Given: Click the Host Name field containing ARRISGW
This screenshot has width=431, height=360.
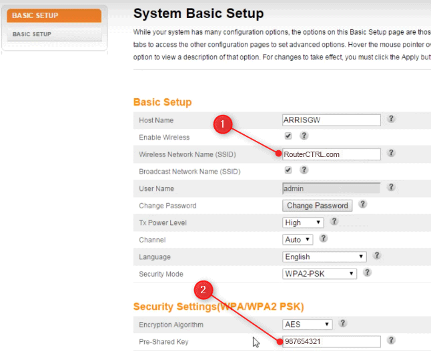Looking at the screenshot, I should (331, 120).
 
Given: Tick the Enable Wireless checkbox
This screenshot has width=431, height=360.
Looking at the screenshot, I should (288, 136).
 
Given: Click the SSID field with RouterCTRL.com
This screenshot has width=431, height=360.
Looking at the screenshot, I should (331, 154).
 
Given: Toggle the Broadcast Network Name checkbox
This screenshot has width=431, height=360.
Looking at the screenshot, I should (288, 171).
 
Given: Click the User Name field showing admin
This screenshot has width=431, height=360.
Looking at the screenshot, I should (331, 188).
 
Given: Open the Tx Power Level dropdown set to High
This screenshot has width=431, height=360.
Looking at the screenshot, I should (303, 222).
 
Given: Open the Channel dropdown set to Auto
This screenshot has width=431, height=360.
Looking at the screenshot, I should (298, 239).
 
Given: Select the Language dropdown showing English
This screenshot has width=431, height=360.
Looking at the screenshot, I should (324, 256).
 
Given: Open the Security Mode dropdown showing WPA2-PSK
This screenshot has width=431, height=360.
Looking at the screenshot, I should (320, 274).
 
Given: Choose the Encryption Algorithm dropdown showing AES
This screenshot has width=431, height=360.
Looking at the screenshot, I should (307, 325).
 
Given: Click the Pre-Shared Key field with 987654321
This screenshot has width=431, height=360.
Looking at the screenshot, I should (331, 342).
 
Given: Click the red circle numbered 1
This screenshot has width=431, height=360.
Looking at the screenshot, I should (224, 124).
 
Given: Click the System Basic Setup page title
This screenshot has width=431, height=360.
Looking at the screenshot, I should (198, 13).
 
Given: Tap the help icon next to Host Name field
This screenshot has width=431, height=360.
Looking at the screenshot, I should (392, 119).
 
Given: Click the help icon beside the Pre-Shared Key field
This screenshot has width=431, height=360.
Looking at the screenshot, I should (392, 341).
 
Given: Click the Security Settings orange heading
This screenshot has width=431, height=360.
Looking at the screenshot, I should (218, 307).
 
